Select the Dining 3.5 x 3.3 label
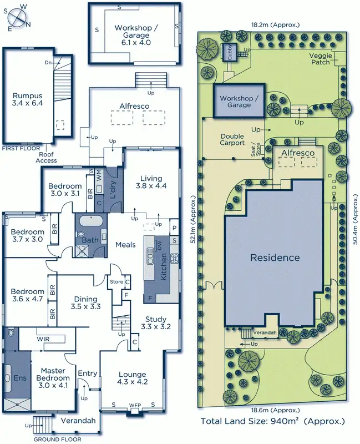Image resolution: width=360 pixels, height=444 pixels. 85,302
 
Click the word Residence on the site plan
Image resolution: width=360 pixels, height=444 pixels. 275,258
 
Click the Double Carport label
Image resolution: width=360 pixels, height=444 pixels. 232,139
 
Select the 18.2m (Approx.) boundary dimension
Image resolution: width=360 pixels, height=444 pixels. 275,24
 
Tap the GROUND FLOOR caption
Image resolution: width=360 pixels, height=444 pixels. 58,439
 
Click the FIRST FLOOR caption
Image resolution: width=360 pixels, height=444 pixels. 21,148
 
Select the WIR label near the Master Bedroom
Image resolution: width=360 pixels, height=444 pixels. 44,337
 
